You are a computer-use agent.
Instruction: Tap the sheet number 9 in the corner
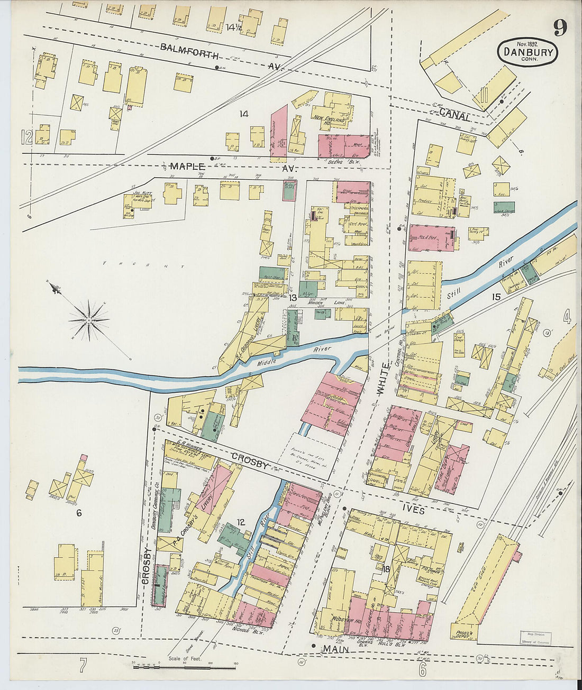pos(561,27)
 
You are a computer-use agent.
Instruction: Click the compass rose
pos(89,319)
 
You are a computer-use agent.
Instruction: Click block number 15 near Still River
pos(495,297)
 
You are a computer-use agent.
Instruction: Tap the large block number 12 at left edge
pos(26,137)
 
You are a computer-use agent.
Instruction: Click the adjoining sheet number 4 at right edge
pos(567,317)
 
